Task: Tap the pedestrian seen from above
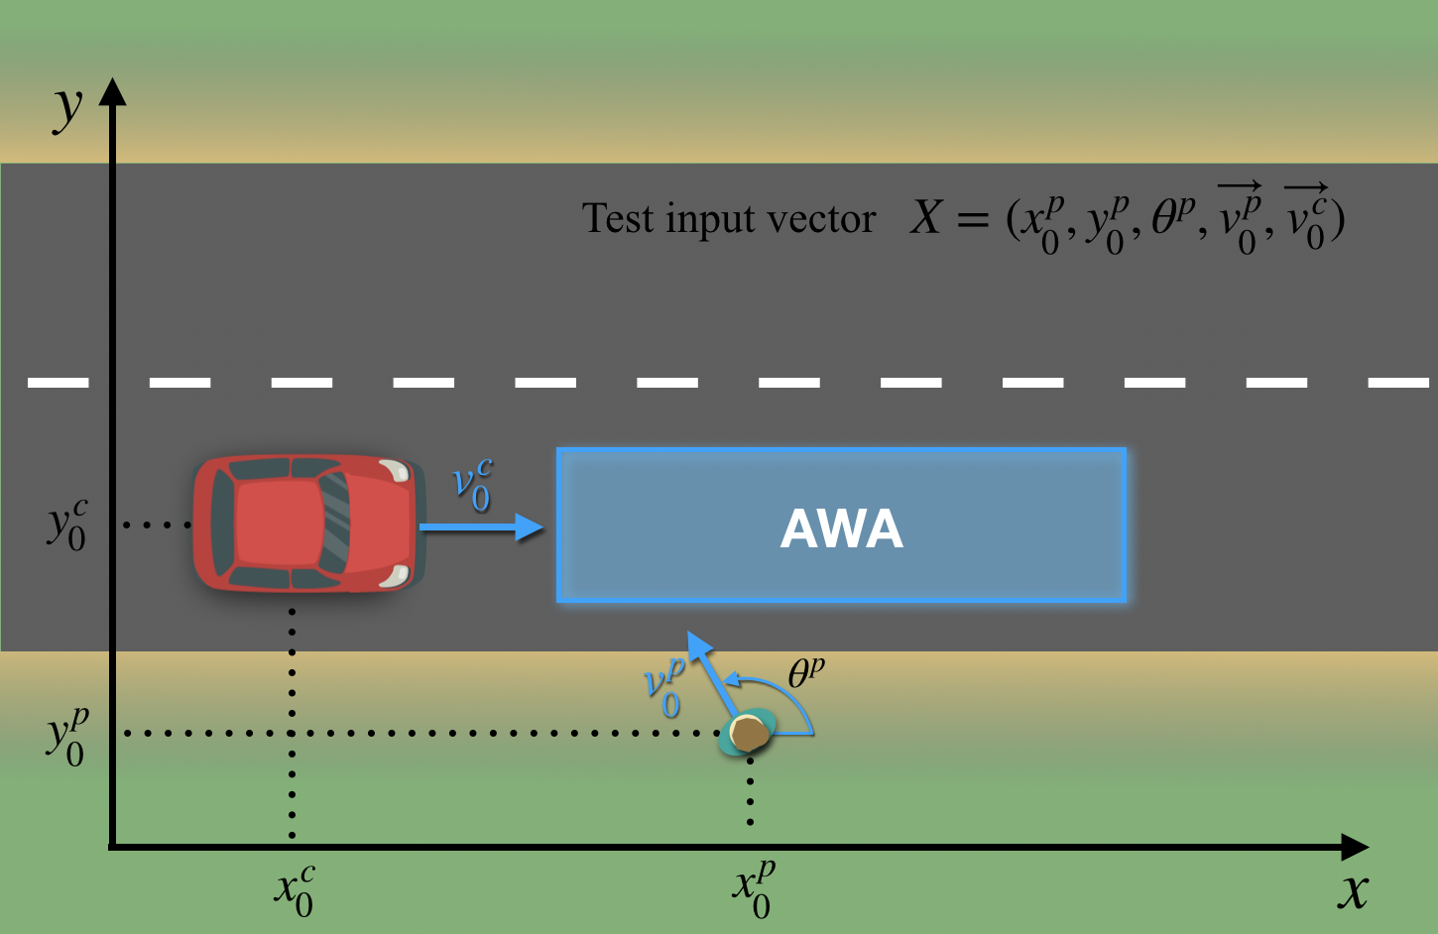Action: click(749, 733)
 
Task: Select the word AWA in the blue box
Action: click(841, 528)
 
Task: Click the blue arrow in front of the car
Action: click(482, 526)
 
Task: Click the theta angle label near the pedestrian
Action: click(804, 673)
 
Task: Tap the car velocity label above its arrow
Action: click(472, 485)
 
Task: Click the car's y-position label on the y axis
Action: click(67, 525)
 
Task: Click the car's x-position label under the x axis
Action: click(296, 889)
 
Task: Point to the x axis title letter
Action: click(1352, 891)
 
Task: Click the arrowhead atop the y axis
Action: click(113, 91)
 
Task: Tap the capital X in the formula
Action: click(925, 216)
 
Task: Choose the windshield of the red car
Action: click(336, 523)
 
